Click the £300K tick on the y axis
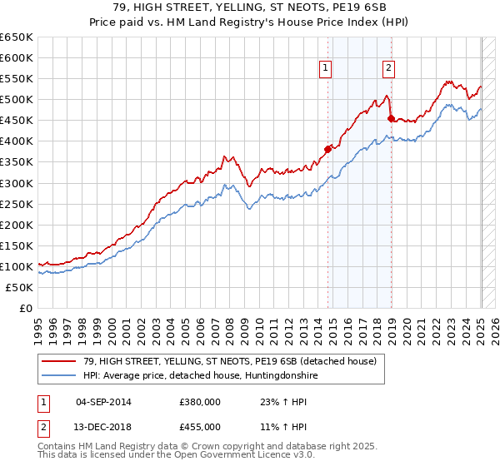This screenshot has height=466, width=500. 17,183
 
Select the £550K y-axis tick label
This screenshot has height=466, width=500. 17,79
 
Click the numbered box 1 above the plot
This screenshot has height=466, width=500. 324,69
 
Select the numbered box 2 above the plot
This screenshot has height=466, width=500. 389,69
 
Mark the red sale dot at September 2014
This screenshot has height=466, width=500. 327,149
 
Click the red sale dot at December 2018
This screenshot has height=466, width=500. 390,118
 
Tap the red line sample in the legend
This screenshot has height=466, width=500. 58,362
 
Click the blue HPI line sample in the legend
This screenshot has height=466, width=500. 58,376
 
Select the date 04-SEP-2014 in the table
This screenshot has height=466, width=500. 103,402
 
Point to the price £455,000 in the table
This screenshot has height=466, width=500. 200,427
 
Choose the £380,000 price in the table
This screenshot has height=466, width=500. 200,402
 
